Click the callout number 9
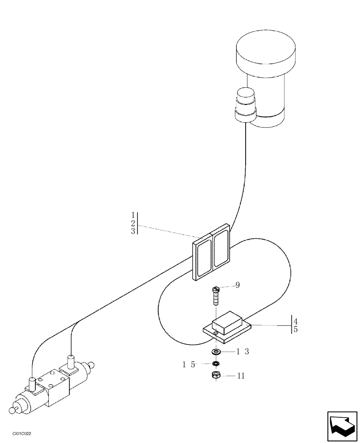tap(238, 285)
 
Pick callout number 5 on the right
tap(295, 329)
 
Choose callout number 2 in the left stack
tap(133, 223)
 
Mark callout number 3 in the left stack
tap(133, 231)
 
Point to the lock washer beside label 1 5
tap(216, 364)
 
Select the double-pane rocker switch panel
tap(212, 255)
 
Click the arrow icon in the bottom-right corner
tap(342, 425)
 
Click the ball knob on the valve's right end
tap(91, 365)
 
